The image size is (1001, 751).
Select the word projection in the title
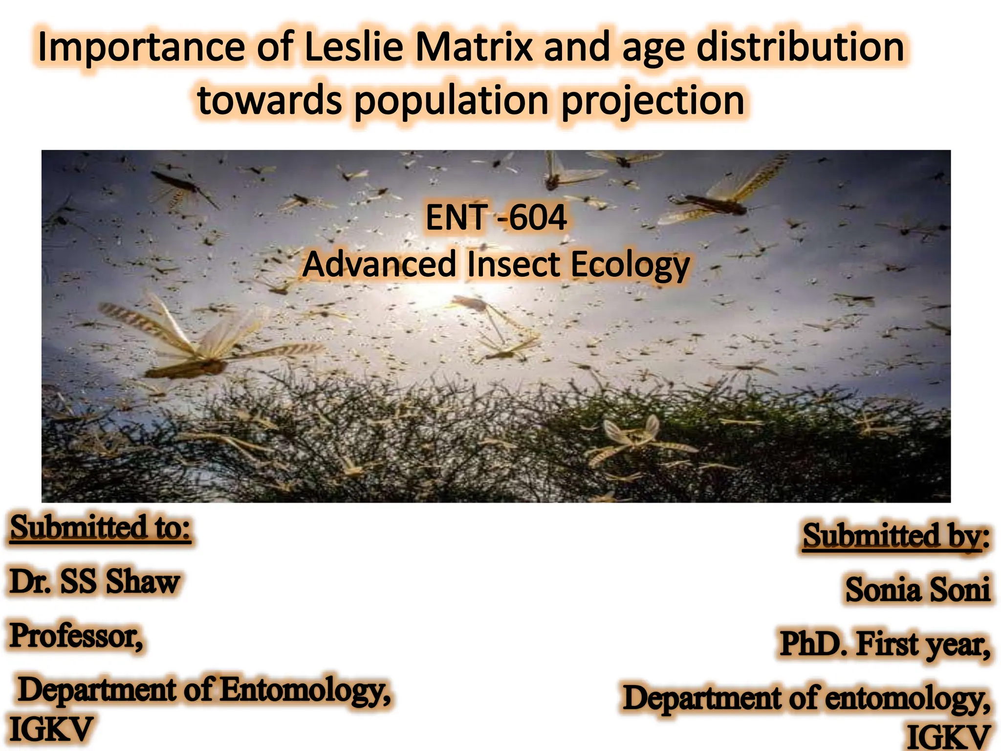pyautogui.click(x=653, y=102)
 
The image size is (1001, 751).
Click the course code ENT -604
pyautogui.click(x=496, y=218)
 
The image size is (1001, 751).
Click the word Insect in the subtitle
pyautogui.click(x=513, y=265)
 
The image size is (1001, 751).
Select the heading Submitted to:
pyautogui.click(x=100, y=528)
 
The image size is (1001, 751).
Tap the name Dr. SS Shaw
pyautogui.click(x=94, y=582)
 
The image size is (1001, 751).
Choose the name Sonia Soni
pyautogui.click(x=917, y=589)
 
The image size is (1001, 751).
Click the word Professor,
pyautogui.click(x=76, y=636)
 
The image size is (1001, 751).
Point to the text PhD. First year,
pyautogui.click(x=885, y=644)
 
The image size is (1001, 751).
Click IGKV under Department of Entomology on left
pyautogui.click(x=51, y=729)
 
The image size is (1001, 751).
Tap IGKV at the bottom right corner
pyautogui.click(x=948, y=737)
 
